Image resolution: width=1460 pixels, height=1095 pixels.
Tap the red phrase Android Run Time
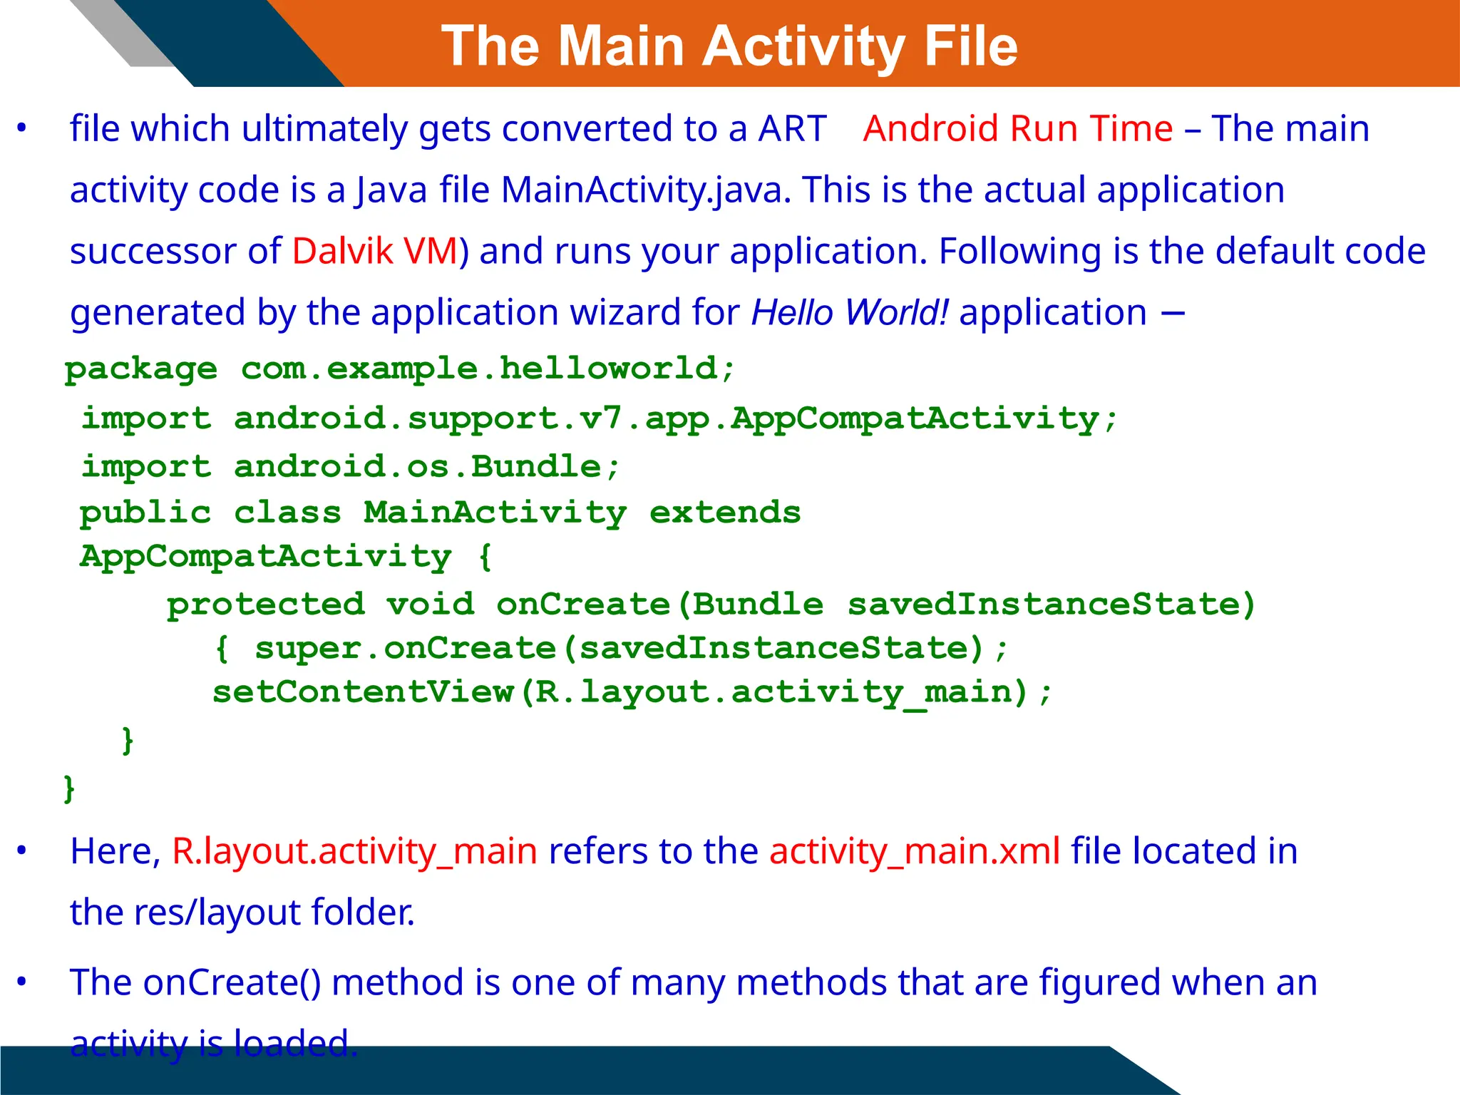pyautogui.click(x=1017, y=129)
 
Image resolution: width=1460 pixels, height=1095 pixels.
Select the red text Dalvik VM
pyautogui.click(x=375, y=251)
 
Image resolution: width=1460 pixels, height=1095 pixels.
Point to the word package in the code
pyautogui.click(x=141, y=369)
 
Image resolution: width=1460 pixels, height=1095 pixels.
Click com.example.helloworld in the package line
pyautogui.click(x=479, y=368)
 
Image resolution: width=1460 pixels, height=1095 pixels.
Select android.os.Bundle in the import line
pyautogui.click(x=418, y=466)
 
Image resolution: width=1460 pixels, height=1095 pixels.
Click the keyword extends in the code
pyautogui.click(x=725, y=513)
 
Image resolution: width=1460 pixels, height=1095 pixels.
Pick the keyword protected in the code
pyautogui.click(x=266, y=605)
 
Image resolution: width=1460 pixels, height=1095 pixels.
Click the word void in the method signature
pyautogui.click(x=430, y=605)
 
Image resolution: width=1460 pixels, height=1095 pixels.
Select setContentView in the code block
pyautogui.click(x=363, y=692)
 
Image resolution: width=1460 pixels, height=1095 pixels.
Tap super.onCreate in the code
pyautogui.click(x=405, y=649)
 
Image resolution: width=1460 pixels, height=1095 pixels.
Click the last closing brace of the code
pyautogui.click(x=69, y=788)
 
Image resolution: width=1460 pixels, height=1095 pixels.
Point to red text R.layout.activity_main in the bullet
pyautogui.click(x=354, y=851)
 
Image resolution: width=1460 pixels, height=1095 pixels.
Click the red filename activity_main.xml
pyautogui.click(x=915, y=851)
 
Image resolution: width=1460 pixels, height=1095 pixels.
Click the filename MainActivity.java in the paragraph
pyautogui.click(x=642, y=190)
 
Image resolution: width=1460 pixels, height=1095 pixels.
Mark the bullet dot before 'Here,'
pyautogui.click(x=22, y=850)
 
